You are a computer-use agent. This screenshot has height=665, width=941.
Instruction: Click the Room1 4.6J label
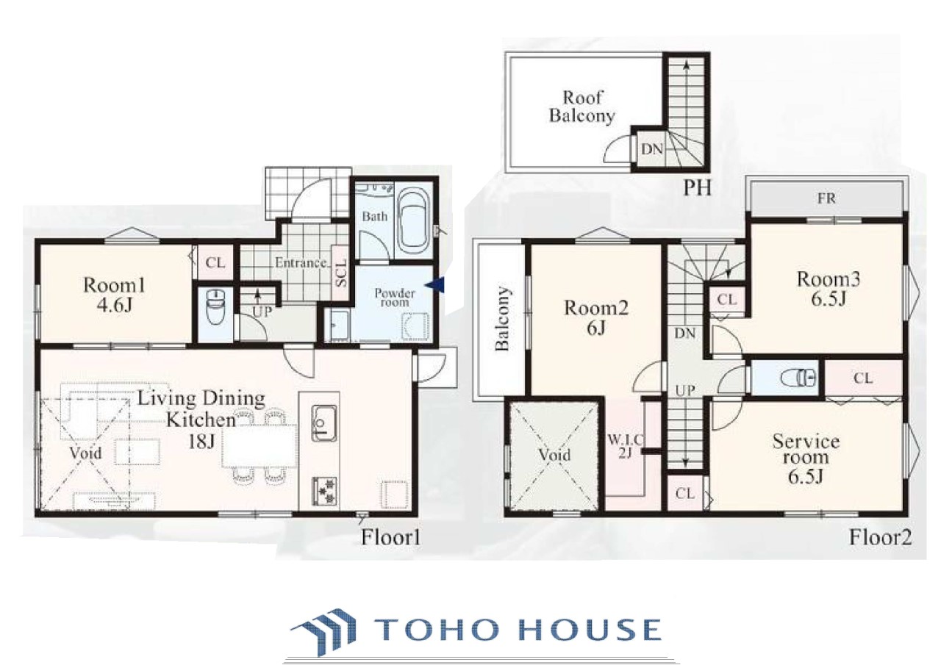(114, 295)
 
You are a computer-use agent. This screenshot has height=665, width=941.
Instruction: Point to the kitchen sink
(324, 423)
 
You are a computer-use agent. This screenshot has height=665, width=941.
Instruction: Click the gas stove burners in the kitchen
(324, 490)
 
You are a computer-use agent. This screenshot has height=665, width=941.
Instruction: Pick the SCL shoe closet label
(342, 273)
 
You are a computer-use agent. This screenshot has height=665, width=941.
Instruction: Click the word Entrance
(301, 263)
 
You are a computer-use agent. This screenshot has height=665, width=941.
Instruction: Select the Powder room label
(395, 298)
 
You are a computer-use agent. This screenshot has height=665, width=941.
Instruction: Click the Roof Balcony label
(582, 107)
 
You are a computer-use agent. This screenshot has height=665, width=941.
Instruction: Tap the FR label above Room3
(826, 198)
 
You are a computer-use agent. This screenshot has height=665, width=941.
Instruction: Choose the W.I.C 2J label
(626, 446)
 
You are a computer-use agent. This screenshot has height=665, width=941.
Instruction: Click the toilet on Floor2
(798, 378)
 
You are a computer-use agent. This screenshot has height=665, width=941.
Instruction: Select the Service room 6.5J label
(805, 459)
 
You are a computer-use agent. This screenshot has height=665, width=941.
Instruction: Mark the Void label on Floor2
(554, 455)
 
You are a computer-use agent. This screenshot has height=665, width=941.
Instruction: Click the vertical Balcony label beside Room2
(502, 319)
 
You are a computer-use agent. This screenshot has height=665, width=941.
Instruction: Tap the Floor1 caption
(390, 538)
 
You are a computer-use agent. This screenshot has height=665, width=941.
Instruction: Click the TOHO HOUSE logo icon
(323, 631)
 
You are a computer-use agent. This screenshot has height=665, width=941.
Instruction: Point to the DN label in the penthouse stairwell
(652, 148)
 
